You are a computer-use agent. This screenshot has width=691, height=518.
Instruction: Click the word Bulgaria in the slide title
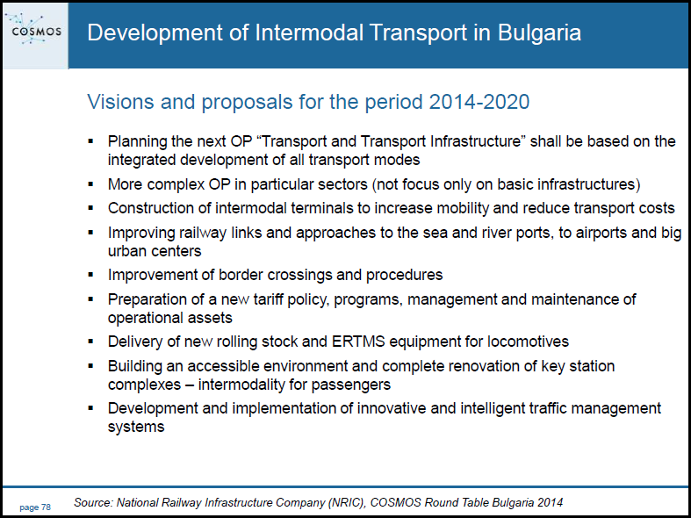tap(539, 33)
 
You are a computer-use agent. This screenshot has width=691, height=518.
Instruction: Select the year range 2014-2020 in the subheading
tap(479, 102)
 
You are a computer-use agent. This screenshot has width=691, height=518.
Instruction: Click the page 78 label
tap(35, 507)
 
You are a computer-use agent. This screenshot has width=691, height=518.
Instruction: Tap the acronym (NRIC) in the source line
tap(343, 502)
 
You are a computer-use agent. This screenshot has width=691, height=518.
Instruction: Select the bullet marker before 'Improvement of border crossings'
tap(90, 275)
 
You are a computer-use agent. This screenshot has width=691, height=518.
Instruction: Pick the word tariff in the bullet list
tap(269, 299)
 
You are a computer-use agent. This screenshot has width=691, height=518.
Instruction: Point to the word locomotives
tap(528, 342)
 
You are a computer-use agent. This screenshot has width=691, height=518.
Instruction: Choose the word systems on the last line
tap(136, 427)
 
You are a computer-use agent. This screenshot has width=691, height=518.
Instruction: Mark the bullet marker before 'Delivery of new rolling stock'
tap(90, 342)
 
